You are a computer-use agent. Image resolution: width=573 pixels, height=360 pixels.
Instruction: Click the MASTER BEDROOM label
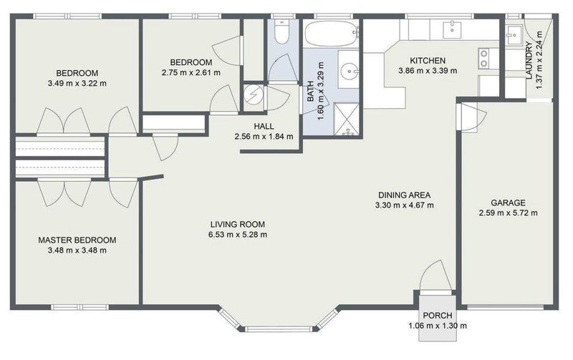(x=77, y=240)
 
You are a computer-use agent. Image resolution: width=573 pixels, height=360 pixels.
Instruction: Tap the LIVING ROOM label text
(x=238, y=224)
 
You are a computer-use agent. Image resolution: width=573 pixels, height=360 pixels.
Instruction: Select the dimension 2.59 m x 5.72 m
(x=508, y=213)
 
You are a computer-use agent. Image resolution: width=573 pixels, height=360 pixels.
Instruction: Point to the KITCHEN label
(x=428, y=60)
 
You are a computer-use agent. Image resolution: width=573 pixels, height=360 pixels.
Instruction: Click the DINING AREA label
(x=404, y=195)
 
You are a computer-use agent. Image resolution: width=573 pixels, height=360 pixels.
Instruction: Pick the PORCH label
(x=438, y=315)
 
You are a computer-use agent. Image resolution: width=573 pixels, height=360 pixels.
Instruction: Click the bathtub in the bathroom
(x=332, y=34)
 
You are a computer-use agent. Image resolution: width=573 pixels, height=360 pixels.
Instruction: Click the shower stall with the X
(x=347, y=120)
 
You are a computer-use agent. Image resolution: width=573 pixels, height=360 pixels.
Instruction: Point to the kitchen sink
(x=453, y=29)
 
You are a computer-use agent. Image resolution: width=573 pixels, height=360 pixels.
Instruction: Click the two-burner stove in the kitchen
(x=484, y=59)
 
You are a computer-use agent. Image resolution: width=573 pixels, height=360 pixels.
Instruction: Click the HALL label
(x=264, y=127)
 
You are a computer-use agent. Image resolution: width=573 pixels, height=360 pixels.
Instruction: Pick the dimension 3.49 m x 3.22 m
(x=77, y=83)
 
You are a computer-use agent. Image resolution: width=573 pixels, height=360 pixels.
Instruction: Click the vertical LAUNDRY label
(x=529, y=61)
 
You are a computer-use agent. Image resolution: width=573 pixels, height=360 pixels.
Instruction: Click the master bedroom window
(x=80, y=308)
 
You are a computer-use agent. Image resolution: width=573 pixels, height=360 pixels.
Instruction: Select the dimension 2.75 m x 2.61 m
(x=191, y=73)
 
